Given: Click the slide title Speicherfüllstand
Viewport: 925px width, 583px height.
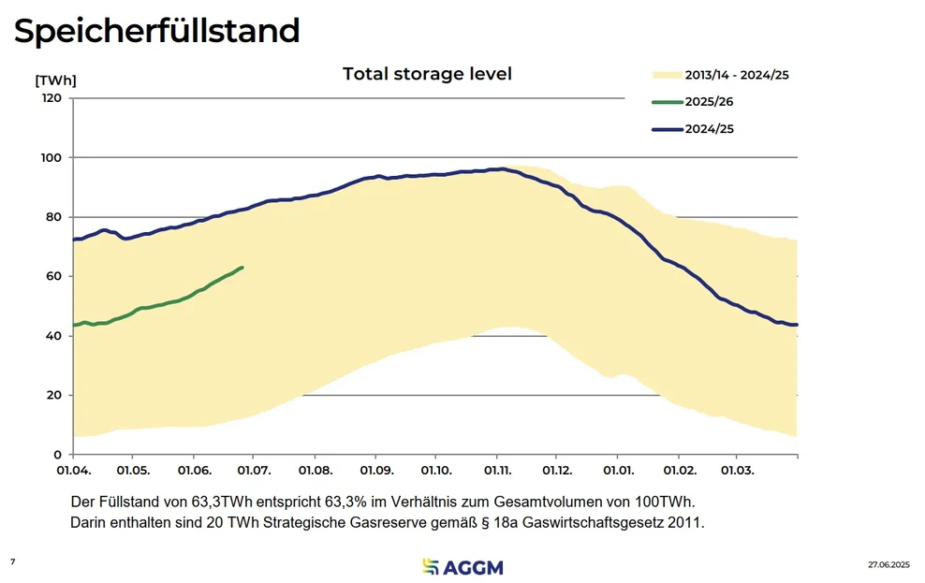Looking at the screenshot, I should pyautogui.click(x=156, y=31).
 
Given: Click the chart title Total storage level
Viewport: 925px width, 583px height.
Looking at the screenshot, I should pyautogui.click(x=427, y=74).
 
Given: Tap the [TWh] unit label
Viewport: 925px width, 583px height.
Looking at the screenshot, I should pyautogui.click(x=55, y=80).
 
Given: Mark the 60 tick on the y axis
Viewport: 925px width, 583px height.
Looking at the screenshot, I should pyautogui.click(x=52, y=276).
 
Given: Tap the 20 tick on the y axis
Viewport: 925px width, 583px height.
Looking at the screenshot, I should pyautogui.click(x=52, y=395).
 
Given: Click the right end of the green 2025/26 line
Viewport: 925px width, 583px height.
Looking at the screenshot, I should pyautogui.click(x=242, y=268).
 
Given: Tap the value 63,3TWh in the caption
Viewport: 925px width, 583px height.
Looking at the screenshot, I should pyautogui.click(x=207, y=501).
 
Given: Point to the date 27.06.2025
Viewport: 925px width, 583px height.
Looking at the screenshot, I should pyautogui.click(x=888, y=565).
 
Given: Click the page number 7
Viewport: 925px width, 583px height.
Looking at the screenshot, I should pyautogui.click(x=13, y=561).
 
